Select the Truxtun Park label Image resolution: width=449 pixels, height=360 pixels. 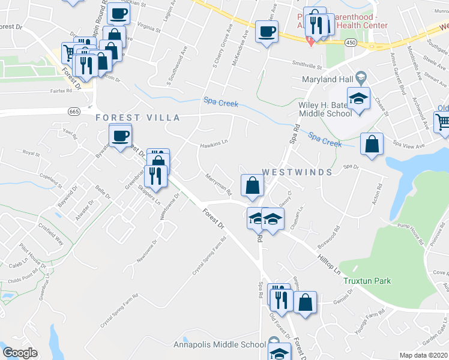(367, 281)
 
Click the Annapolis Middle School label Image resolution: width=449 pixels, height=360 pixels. (219, 344)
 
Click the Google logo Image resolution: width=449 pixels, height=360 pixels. (20, 352)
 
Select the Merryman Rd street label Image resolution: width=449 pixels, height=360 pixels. (218, 185)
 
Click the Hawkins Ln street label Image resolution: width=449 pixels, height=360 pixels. (214, 143)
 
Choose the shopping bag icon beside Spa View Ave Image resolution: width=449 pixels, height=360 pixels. (372, 145)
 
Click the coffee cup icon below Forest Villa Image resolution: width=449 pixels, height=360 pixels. (121, 136)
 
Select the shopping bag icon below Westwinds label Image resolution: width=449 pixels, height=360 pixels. (252, 185)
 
